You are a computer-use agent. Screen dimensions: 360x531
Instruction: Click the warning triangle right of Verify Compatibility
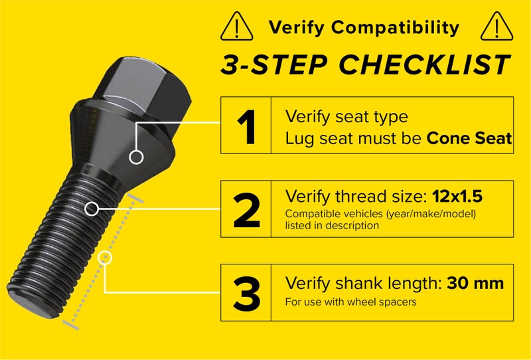point(493,27)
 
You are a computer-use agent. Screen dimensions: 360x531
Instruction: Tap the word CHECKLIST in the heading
point(425,64)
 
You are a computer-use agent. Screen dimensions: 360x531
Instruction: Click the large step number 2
point(246,209)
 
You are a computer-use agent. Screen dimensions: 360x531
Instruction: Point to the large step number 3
point(246,293)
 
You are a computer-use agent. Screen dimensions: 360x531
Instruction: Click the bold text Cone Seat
point(469,138)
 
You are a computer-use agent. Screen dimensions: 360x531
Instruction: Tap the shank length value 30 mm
point(475,284)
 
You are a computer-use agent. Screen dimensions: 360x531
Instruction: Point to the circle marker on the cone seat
point(137,157)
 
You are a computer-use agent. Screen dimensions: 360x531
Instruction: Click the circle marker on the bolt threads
point(92,209)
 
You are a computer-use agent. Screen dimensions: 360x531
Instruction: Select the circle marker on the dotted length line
point(106,258)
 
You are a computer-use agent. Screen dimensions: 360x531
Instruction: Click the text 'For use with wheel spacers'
point(351,302)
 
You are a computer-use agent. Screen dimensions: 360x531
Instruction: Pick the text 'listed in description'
point(332,226)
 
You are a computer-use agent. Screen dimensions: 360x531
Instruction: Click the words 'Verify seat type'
point(346,117)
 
